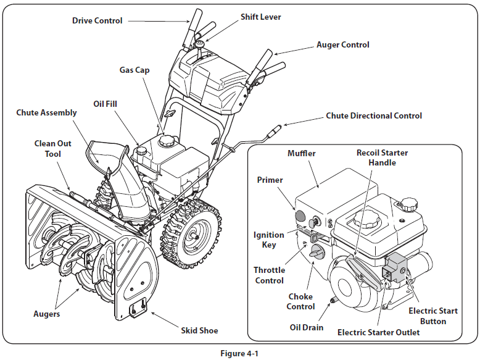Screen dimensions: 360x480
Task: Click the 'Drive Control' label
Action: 97,20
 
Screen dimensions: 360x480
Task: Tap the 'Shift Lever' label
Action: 260,17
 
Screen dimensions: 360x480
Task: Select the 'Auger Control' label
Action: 343,44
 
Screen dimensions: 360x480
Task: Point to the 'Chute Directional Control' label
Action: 374,115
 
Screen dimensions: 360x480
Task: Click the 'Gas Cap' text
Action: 134,70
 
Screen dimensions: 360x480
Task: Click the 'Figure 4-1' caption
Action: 241,353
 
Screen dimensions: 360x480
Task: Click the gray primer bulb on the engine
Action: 301,216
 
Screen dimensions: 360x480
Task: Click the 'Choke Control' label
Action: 300,301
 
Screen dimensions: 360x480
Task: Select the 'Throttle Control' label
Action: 269,275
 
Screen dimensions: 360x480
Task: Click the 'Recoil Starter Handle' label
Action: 382,157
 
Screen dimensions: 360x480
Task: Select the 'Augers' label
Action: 46,314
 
